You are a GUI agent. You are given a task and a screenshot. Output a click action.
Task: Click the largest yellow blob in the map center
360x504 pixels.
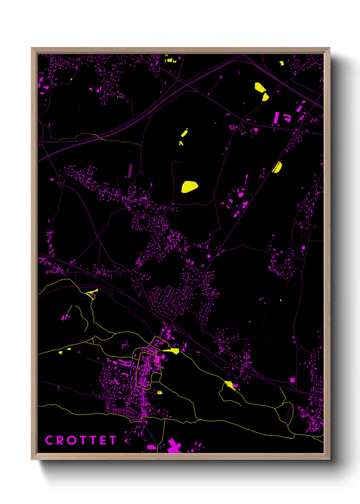coord(189,187)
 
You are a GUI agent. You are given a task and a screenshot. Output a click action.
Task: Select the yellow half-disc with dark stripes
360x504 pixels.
coord(277,167)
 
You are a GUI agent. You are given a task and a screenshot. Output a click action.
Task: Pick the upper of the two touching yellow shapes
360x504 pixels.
coord(260,87)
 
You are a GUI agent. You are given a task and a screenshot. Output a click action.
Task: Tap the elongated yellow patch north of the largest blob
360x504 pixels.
coord(184,132)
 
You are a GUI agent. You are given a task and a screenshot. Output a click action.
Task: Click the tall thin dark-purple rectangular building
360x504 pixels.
coord(130,170)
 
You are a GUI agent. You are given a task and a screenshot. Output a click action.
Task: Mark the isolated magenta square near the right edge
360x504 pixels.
coord(292,380)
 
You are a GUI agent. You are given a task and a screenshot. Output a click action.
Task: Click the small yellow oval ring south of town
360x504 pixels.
coord(159,392)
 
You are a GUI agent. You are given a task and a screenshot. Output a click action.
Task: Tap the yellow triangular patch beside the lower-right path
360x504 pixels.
coord(230,385)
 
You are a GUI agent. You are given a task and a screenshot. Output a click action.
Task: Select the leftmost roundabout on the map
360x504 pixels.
coord(41,143)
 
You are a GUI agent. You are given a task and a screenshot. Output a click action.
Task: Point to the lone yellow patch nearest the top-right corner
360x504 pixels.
coord(282,63)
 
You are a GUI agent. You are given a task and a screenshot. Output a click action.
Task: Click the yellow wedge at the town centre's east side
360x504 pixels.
coord(172,351)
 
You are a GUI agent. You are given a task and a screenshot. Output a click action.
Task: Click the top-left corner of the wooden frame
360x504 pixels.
coord(32,48)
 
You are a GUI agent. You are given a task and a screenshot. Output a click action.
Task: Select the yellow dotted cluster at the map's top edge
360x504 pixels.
coord(170,60)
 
